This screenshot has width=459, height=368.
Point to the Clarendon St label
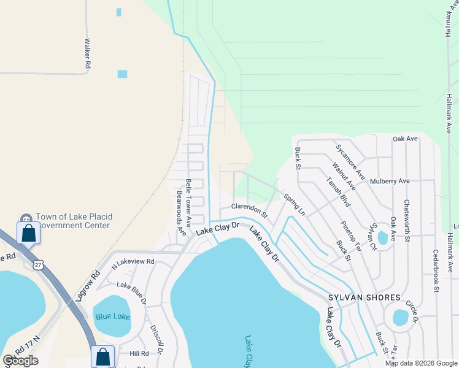pyautogui.click(x=250, y=210)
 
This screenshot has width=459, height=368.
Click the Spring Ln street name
pyautogui.click(x=295, y=204)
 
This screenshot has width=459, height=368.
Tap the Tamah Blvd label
pyautogui.click(x=338, y=192)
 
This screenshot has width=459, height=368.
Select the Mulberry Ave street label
pyautogui.click(x=389, y=182)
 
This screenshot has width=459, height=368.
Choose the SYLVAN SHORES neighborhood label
pyautogui.click(x=368, y=297)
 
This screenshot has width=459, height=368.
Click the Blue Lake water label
pyautogui.click(x=113, y=316)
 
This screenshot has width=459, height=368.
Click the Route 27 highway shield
pyautogui.click(x=39, y=264)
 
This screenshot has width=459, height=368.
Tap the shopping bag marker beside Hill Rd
pyautogui.click(x=103, y=356)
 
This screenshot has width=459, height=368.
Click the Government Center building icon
pyautogui.click(x=26, y=218)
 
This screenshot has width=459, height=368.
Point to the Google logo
pyautogui.click(x=21, y=361)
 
